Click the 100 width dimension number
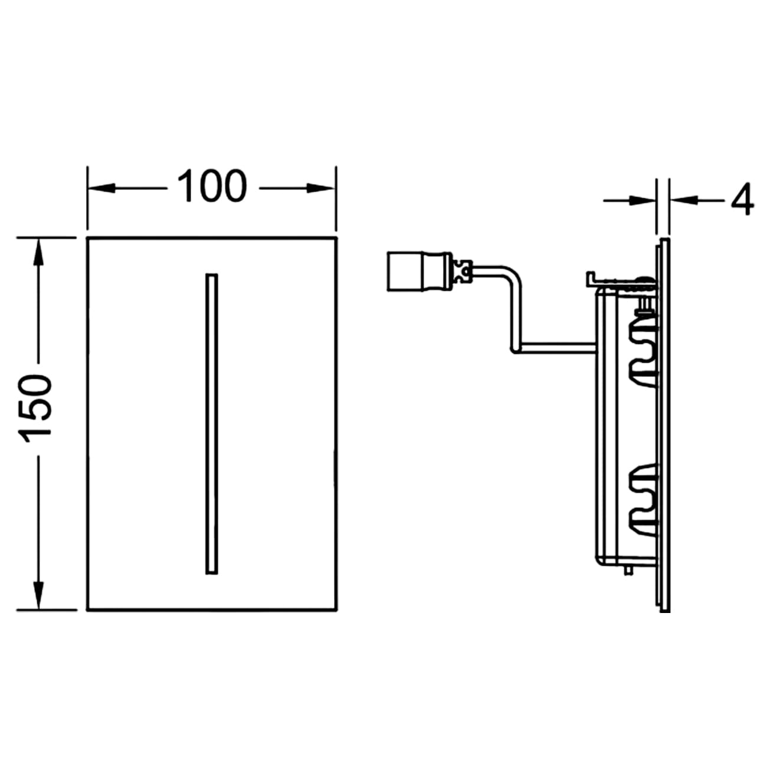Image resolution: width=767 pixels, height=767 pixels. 212,186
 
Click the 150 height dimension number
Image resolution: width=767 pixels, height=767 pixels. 35,408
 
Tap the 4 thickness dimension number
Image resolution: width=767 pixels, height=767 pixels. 742,199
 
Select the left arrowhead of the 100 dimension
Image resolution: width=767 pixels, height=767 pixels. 101,188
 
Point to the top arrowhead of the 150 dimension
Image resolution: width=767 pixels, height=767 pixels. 38,252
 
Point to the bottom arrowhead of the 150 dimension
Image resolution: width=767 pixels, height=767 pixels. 38,595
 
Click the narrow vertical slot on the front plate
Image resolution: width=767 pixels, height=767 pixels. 212,424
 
